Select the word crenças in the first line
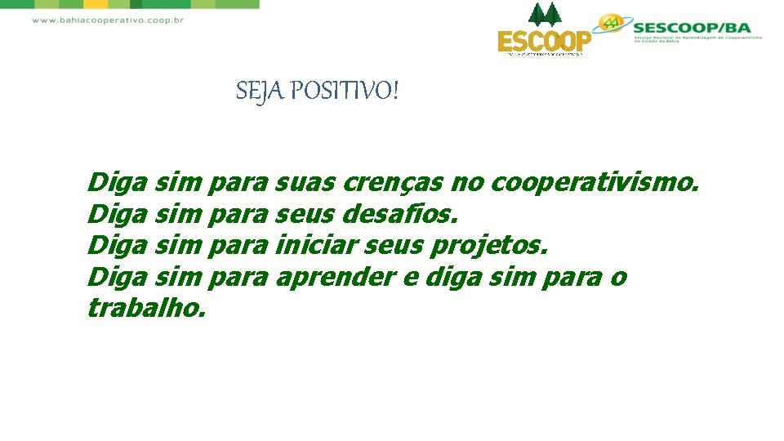point(394,182)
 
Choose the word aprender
point(336,278)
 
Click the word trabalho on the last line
point(146,309)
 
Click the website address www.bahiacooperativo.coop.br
point(108,20)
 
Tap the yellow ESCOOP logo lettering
point(544,41)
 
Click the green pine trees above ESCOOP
point(545,15)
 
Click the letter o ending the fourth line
point(618,278)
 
